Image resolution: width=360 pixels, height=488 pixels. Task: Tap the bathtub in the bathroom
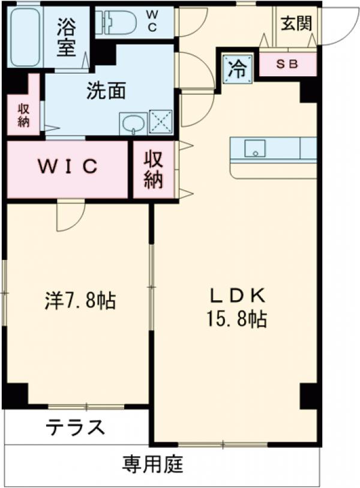click(x=25, y=37)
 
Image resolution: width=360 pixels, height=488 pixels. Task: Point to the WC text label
click(x=152, y=21)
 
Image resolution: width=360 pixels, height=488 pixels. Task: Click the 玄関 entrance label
click(x=294, y=25)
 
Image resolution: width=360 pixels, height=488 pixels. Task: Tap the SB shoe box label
click(x=287, y=64)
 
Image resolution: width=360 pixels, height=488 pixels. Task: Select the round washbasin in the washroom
click(x=131, y=125)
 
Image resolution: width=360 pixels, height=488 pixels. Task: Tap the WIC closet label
click(x=68, y=167)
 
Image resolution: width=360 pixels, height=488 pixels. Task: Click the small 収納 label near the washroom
click(x=23, y=114)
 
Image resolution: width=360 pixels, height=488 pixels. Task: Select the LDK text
click(x=236, y=295)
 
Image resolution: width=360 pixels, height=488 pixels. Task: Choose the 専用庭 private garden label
click(x=153, y=464)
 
